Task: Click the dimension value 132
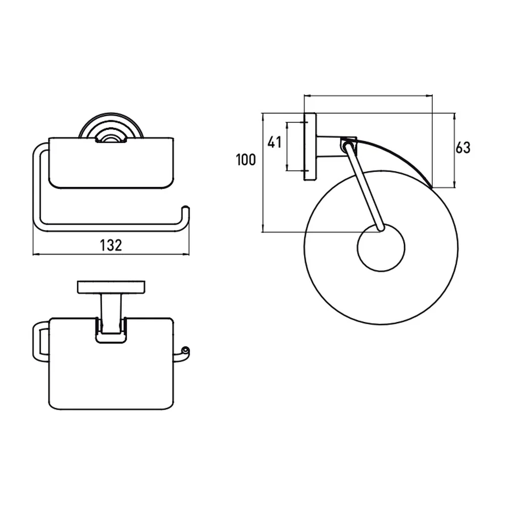coord(111,245)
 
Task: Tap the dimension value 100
coord(246,160)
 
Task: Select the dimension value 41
coord(274,142)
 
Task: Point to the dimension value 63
coord(463,148)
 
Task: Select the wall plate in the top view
coord(111,287)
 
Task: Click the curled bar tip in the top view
coord(185,350)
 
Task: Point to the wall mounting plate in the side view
coord(310,146)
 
